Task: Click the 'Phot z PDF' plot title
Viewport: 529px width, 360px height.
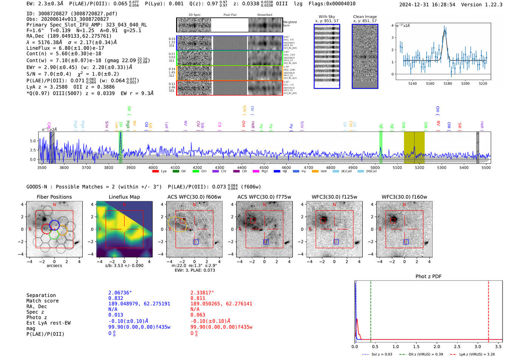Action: point(428,277)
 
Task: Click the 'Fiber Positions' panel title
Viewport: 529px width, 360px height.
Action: point(54,197)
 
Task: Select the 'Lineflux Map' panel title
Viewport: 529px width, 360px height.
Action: point(124,197)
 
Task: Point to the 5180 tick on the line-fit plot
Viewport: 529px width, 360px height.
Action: point(448,83)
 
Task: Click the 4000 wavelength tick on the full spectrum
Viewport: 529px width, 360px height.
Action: point(153,168)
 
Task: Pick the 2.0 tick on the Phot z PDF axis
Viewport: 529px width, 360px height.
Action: point(437,346)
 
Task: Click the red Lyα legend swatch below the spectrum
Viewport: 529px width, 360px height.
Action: point(155,172)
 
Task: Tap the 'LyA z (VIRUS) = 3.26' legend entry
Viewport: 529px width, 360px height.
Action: point(476,354)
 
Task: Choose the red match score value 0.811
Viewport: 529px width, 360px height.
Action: point(198,298)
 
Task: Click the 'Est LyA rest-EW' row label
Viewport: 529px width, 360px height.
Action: point(48,323)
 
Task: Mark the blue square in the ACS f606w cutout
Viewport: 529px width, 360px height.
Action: point(196,242)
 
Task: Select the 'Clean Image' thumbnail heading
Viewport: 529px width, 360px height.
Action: point(365,17)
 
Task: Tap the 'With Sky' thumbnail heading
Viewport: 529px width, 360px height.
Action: point(326,17)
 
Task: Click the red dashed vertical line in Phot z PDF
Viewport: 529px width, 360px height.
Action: point(489,310)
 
